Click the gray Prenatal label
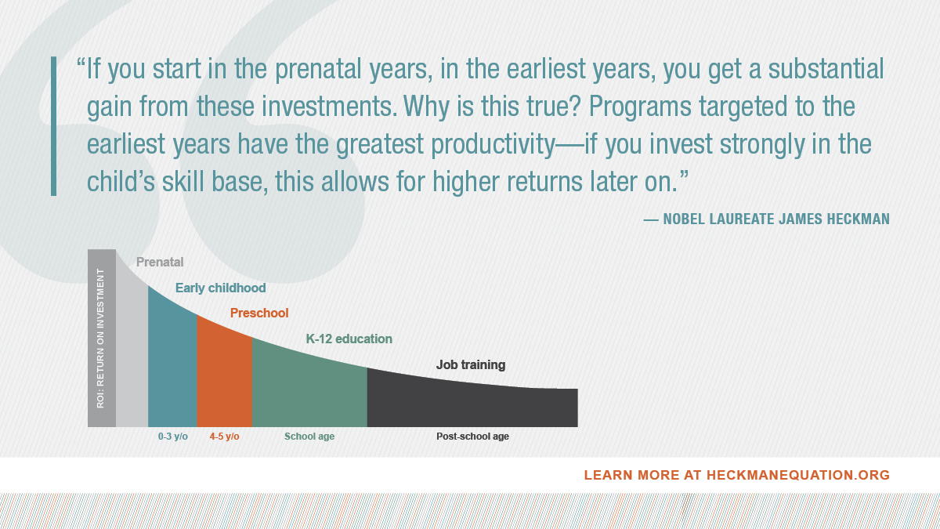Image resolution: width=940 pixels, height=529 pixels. point(160,263)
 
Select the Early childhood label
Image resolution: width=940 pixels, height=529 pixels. point(220,288)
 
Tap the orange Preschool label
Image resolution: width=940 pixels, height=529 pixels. point(259,313)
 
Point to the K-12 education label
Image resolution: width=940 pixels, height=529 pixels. point(349,339)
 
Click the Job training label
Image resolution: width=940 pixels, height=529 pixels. point(470,364)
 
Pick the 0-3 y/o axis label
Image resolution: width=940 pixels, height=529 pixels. point(172,437)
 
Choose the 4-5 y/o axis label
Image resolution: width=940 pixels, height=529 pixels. point(224,437)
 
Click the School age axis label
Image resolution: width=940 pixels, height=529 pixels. point(309,437)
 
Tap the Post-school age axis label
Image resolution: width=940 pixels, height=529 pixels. point(472,437)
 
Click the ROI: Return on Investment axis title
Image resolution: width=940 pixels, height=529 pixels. point(101,339)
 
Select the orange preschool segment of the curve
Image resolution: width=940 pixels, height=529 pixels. point(224,376)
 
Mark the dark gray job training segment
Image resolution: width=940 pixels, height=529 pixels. point(470,404)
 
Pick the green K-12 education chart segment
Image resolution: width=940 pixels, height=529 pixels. point(309,388)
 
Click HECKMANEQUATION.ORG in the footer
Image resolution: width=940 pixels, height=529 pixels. point(798,475)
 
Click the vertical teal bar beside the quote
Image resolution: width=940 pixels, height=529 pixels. point(53,125)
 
